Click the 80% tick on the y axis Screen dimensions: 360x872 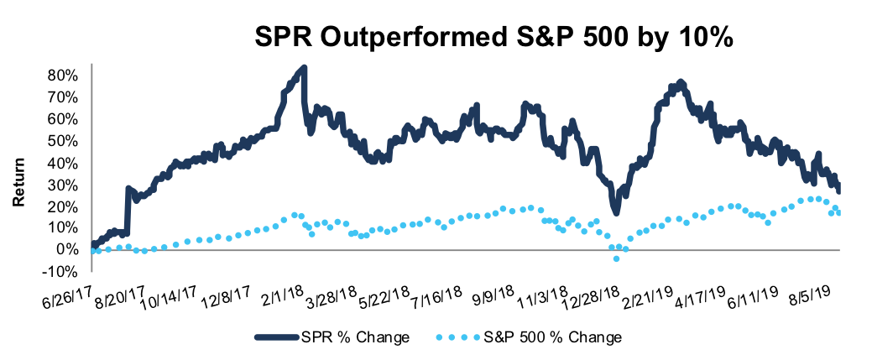click(64, 75)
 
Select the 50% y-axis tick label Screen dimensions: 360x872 click(64, 140)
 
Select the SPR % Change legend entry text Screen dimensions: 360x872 click(361, 338)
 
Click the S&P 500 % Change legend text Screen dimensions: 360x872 click(551, 338)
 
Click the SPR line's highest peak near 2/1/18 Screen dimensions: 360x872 click(303, 67)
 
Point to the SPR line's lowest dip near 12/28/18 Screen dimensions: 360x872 click(616, 213)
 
